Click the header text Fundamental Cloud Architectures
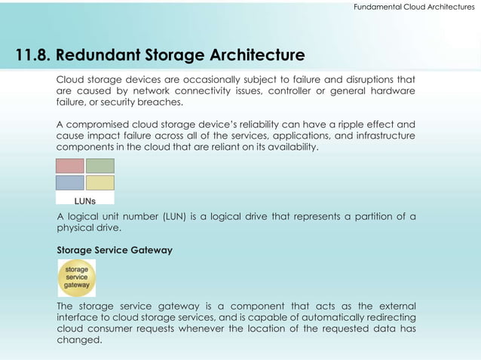[414, 7]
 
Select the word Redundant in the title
[97, 56]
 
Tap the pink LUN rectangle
[70, 166]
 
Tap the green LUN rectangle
[100, 166]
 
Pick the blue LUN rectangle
[70, 182]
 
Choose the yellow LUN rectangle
[100, 182]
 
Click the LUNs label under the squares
[84, 201]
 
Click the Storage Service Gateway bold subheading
[115, 250]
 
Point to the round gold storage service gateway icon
[77, 277]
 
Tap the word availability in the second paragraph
[291, 147]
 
